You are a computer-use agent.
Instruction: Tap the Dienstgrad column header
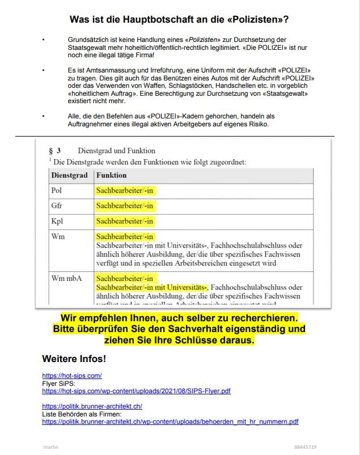(x=69, y=176)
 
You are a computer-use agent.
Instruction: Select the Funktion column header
(x=111, y=176)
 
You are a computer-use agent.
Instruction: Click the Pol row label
(x=57, y=191)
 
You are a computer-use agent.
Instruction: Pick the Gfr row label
(x=57, y=206)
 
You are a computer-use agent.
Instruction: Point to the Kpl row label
(x=57, y=221)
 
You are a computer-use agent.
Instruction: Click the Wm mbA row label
(x=66, y=278)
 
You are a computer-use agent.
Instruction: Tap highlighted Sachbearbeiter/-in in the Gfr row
(x=125, y=206)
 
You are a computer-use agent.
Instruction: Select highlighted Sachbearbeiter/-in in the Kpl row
(x=125, y=221)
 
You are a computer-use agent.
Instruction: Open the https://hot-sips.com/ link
(x=71, y=376)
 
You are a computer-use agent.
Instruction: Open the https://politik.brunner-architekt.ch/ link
(x=92, y=406)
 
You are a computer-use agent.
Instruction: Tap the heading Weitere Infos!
(x=74, y=359)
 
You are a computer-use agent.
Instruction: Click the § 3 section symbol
(x=54, y=151)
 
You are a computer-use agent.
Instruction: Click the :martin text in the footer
(x=50, y=447)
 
